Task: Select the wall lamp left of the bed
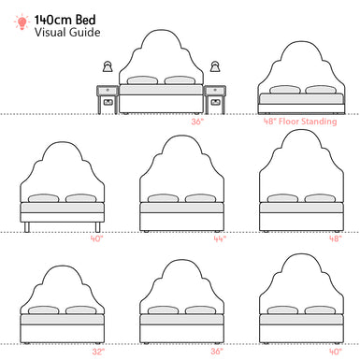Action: click(x=107, y=67)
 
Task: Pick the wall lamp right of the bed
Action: click(x=216, y=67)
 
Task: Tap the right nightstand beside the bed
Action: click(x=216, y=97)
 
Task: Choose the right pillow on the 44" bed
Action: click(x=200, y=198)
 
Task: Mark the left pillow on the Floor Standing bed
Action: click(x=280, y=91)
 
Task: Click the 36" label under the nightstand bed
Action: click(x=196, y=121)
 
